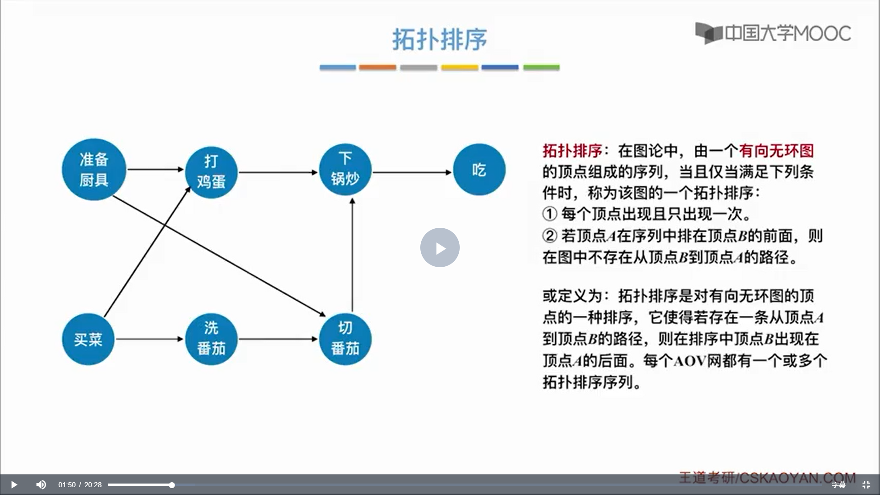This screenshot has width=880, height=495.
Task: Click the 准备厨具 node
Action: coord(94,170)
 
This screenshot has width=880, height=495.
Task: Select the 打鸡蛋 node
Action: coord(211,172)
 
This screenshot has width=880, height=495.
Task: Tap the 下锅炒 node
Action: coord(345,170)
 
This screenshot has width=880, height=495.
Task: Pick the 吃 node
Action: coord(479,170)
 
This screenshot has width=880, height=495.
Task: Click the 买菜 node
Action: coord(88,339)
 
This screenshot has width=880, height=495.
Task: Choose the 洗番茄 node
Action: coord(211,339)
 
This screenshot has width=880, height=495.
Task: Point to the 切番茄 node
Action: coord(345,339)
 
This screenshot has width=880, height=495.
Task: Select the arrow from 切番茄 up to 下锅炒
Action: coord(352,255)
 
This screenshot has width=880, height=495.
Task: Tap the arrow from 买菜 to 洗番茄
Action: coord(149,339)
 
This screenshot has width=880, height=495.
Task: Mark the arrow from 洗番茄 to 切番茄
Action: coord(278,339)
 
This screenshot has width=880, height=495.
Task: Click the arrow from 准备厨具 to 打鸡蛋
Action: coord(155,169)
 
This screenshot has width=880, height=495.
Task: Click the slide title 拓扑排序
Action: coord(440,39)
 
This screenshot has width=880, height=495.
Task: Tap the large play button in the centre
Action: coord(440,247)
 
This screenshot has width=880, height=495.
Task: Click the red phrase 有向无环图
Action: coord(776,151)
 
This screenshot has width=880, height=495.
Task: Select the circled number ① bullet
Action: coord(549,214)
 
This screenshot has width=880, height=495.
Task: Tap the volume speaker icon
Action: coord(41,484)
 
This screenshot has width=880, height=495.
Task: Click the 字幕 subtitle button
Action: coord(838,484)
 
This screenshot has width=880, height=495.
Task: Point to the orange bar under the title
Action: coord(377,67)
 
